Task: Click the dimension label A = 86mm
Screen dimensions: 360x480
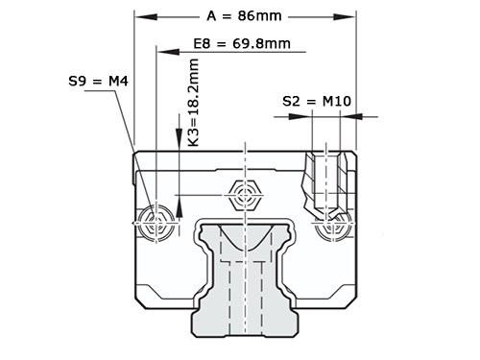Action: click(x=245, y=15)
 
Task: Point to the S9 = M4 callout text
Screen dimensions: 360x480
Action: click(x=100, y=82)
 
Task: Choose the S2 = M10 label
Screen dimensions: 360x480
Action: click(x=314, y=100)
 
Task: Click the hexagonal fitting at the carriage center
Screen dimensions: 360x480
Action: click(x=245, y=197)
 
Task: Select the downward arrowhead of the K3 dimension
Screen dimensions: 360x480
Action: click(x=179, y=144)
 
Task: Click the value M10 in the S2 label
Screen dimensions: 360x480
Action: click(x=328, y=100)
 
